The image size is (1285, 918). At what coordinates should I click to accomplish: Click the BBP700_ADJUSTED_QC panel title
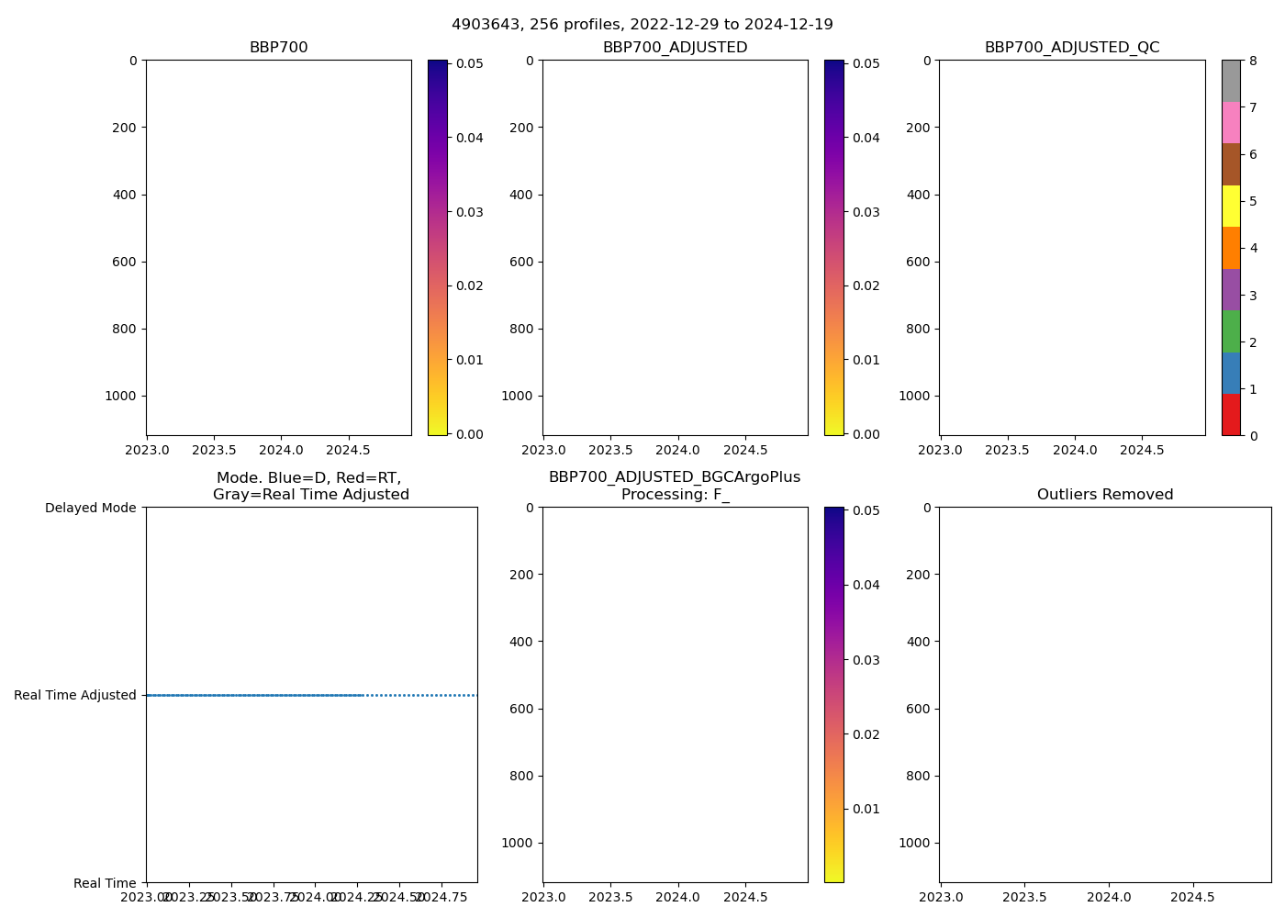(x=1072, y=48)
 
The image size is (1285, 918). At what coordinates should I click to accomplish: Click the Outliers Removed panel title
(x=1105, y=495)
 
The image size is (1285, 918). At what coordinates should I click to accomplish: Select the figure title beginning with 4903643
(x=642, y=25)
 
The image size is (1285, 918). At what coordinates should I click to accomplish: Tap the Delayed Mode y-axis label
(x=90, y=508)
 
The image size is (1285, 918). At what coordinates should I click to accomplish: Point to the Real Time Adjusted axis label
(x=74, y=695)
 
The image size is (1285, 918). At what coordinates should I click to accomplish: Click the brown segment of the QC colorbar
(x=1231, y=164)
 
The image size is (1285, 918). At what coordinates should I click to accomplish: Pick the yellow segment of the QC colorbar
(x=1231, y=206)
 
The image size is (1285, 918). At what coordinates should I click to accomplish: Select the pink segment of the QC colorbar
(x=1231, y=122)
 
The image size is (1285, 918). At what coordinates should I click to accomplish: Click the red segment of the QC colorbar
(x=1231, y=414)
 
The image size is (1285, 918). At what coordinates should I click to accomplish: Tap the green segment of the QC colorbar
(x=1231, y=330)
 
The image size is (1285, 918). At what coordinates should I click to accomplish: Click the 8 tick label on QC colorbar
(x=1253, y=61)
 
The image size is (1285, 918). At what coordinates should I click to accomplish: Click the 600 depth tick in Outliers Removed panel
(x=920, y=709)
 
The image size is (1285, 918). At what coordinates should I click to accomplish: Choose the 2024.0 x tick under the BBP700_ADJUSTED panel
(x=678, y=451)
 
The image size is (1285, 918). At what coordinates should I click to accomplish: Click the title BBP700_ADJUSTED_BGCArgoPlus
(x=675, y=477)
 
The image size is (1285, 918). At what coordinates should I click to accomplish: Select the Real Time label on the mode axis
(x=105, y=883)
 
